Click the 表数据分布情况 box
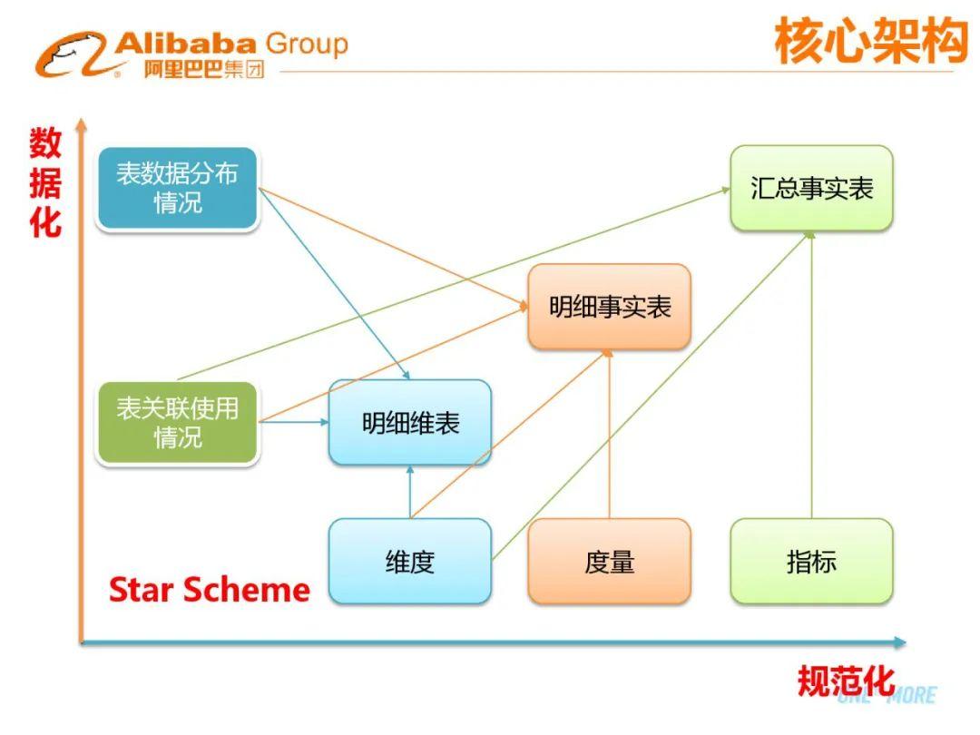point(177,189)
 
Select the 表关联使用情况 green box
point(177,423)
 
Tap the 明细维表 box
point(410,423)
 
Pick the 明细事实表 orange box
point(609,307)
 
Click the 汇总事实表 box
point(811,188)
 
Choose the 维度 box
point(410,562)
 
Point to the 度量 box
point(609,562)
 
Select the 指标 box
point(811,562)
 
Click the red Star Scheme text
point(210,591)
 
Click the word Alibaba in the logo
point(187,43)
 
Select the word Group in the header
point(307,43)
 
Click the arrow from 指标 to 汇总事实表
point(810,372)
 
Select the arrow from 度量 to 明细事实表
point(609,436)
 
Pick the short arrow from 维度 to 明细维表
point(410,492)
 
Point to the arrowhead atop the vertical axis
point(81,122)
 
